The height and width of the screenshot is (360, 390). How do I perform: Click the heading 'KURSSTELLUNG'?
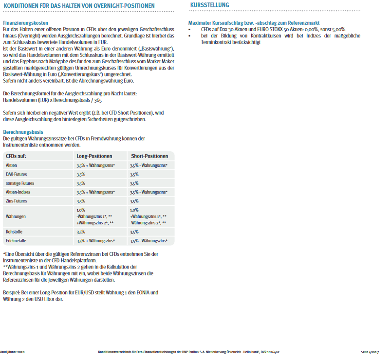tap(210, 5)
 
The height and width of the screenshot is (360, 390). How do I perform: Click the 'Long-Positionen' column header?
tap(94, 156)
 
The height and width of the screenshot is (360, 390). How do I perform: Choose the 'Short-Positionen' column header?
tap(149, 156)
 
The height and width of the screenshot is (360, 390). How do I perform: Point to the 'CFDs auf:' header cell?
tap(16, 156)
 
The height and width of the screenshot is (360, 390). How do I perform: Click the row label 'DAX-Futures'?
tap(17, 174)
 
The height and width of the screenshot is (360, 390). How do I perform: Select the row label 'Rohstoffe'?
tap(14, 232)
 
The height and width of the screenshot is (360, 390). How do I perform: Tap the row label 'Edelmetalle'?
tap(16, 241)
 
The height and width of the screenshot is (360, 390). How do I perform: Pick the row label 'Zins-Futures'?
tap(17, 201)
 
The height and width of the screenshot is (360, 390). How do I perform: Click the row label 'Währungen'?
tap(16, 216)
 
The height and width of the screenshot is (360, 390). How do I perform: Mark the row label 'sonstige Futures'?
tap(20, 183)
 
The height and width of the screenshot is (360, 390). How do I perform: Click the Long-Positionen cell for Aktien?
tap(95, 165)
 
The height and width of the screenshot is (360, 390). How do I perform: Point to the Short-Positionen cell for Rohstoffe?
tap(134, 232)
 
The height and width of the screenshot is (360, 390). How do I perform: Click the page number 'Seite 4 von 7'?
tap(369, 352)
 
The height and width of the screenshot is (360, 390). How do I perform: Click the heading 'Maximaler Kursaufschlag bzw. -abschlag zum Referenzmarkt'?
tap(254, 23)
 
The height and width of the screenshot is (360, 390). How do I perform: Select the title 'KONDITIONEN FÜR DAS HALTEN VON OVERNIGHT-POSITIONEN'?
tap(79, 6)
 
